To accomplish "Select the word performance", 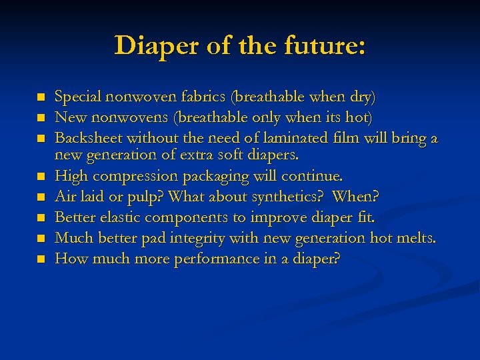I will pos(208,259).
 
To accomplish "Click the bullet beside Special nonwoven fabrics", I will pos(40,98).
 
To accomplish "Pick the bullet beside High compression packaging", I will pos(40,177).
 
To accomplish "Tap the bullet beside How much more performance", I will pos(40,259).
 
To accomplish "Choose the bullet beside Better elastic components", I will pos(40,218).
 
